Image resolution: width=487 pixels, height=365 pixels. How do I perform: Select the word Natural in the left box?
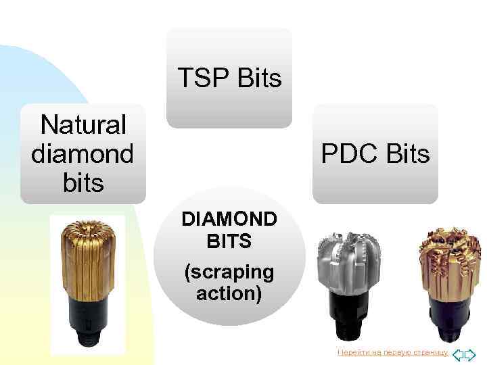(83, 124)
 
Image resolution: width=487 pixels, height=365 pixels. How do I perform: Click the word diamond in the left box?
(83, 153)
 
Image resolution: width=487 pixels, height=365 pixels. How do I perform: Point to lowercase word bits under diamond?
(83, 182)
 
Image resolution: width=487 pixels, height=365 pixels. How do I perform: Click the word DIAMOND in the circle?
(229, 220)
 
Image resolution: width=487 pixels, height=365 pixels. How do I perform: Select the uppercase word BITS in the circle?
(229, 241)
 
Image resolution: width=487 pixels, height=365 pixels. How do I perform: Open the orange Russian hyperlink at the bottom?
(393, 353)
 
